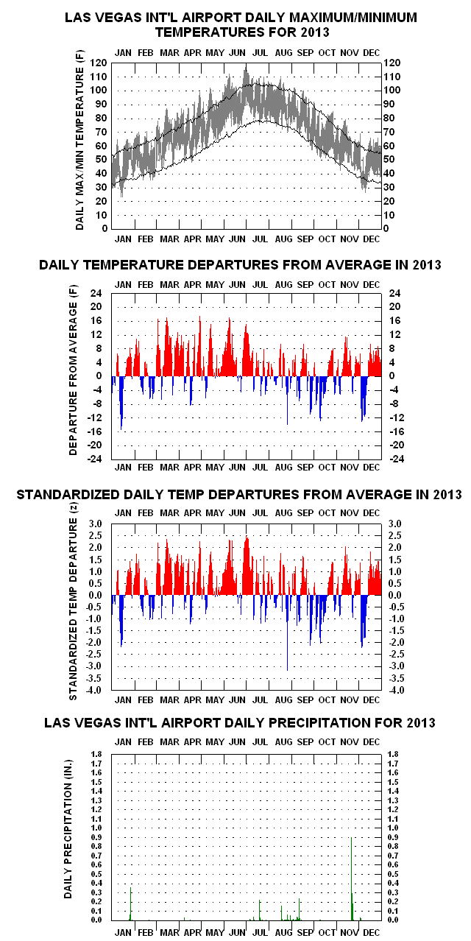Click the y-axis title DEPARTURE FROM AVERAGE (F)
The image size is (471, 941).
pyautogui.click(x=73, y=370)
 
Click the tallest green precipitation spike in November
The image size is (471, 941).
pyautogui.click(x=351, y=878)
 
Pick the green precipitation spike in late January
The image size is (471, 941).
pyautogui.click(x=131, y=903)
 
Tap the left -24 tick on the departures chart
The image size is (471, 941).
pyautogui.click(x=95, y=459)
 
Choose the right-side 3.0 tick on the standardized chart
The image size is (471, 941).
pyautogui.click(x=395, y=524)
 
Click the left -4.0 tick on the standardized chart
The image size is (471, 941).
pyautogui.click(x=94, y=690)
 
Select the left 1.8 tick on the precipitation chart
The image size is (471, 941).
pyautogui.click(x=96, y=754)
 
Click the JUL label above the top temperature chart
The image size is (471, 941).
pyautogui.click(x=261, y=53)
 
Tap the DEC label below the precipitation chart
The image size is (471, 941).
pyautogui.click(x=371, y=933)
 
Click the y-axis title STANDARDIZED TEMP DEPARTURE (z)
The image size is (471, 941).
pyautogui.click(x=73, y=601)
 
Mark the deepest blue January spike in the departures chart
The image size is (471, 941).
pyautogui.click(x=121, y=403)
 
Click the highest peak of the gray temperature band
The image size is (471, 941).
pyautogui.click(x=246, y=66)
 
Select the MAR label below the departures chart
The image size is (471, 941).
pyautogui.click(x=169, y=467)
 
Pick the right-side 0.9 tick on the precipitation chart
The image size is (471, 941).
pyautogui.click(x=392, y=837)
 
